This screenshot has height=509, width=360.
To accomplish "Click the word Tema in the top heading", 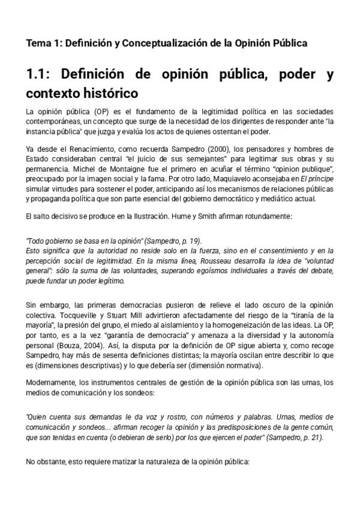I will (x=37, y=43).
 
